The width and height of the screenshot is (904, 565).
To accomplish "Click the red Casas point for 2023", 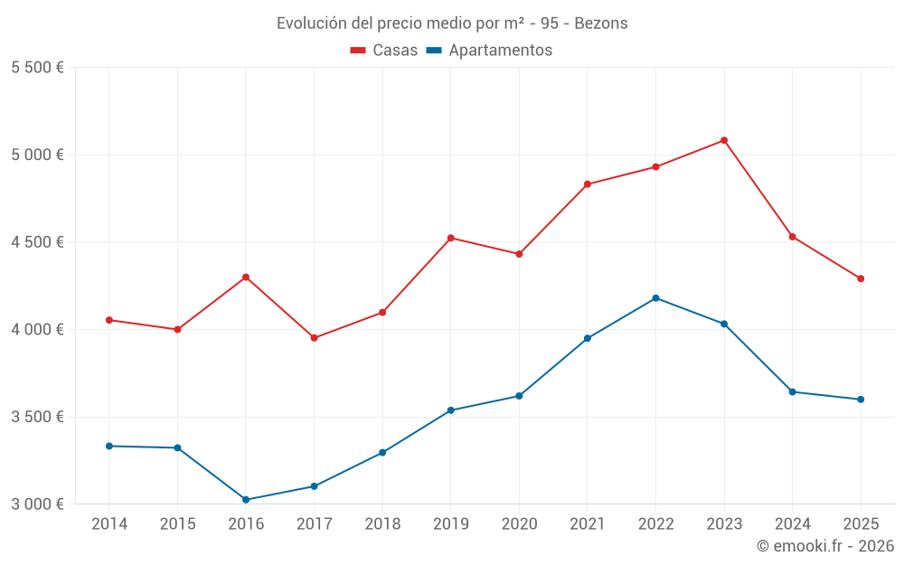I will coord(724,140).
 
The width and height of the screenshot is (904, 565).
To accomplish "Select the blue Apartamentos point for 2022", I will coord(655,298).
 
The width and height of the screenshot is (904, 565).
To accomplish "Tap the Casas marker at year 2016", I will coord(246,277).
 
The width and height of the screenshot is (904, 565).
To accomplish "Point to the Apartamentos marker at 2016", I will coord(246,500).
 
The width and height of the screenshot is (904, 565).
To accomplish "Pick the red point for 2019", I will coord(451,238).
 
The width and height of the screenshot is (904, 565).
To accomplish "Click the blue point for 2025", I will coord(861,400).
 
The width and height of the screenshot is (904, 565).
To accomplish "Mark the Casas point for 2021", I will coord(588,184).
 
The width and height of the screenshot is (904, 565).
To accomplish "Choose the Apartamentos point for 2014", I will coord(109,446).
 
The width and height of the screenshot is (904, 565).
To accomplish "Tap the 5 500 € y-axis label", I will coord(37,68).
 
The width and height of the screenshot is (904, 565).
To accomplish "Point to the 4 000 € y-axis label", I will coord(37,330).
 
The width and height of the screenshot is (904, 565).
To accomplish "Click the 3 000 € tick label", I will coord(37,504).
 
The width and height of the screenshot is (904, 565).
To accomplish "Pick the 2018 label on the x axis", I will coord(382,524).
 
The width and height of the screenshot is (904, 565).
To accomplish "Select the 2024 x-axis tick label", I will coord(792,524).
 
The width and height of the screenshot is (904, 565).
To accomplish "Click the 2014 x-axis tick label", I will coord(109,524).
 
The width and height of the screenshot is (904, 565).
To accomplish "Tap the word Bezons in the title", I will coord(601,24).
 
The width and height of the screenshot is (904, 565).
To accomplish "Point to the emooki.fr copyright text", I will coord(825,546).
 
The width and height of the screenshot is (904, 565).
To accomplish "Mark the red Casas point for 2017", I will coord(315,338).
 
